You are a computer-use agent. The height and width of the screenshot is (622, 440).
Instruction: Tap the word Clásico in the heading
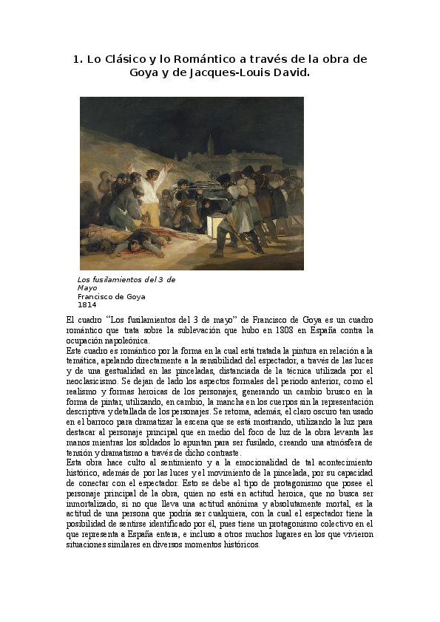click(x=131, y=59)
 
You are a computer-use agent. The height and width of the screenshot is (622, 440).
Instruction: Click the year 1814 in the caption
click(x=87, y=304)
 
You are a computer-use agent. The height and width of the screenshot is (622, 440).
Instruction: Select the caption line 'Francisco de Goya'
click(x=112, y=296)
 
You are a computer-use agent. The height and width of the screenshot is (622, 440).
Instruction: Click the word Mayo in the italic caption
click(x=87, y=288)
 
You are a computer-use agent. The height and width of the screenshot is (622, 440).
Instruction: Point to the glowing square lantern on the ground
click(x=219, y=225)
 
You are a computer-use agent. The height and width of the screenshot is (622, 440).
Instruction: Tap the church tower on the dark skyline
click(x=210, y=146)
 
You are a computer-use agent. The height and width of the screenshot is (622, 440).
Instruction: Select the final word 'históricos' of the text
click(x=236, y=544)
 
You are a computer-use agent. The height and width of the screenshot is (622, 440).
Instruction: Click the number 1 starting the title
click(x=76, y=59)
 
